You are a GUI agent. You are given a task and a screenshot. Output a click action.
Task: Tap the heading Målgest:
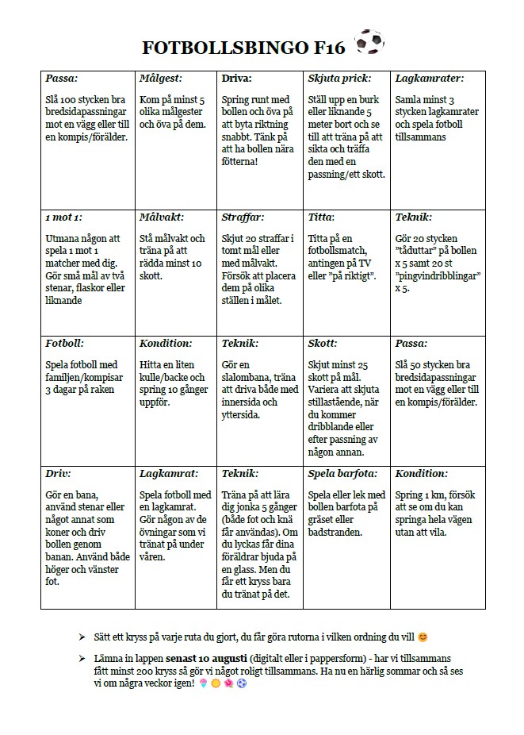coord(160,79)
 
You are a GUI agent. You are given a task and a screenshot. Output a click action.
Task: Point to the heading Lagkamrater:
coord(429,79)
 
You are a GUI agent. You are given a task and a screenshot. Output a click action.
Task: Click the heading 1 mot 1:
coord(63,217)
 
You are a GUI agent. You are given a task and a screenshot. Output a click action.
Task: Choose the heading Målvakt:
coord(162,217)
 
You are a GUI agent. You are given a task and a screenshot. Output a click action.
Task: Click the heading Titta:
coord(321,217)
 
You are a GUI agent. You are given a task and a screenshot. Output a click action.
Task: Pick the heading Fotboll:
coord(65,344)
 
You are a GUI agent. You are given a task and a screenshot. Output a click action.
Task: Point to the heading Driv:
coord(59,473)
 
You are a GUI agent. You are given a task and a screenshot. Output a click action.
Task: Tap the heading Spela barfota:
coord(343,473)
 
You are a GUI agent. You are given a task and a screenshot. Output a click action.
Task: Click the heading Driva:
coord(237,79)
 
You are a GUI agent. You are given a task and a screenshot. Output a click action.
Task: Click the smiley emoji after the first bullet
coord(423,637)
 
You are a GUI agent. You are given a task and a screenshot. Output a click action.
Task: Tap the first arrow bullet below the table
coord(83,637)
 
